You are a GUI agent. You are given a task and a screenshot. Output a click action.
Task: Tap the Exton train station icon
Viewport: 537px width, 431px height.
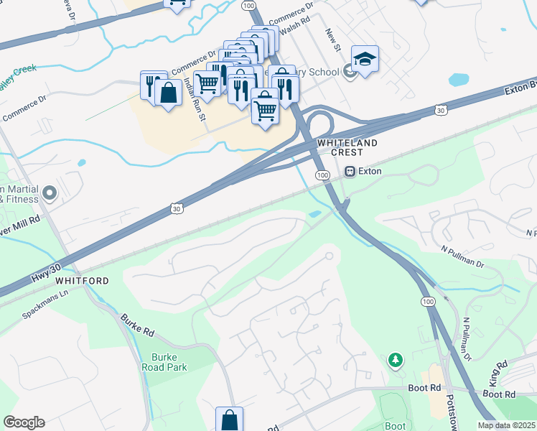coord(350,172)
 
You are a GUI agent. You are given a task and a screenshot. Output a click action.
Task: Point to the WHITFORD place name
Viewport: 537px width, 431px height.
coord(82,281)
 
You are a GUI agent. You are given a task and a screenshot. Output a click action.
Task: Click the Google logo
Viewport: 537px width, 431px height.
coord(24,422)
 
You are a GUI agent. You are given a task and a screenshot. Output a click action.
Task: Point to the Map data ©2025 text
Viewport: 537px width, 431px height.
coord(506,425)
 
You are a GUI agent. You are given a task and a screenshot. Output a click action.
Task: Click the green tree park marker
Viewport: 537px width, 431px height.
coord(394,359)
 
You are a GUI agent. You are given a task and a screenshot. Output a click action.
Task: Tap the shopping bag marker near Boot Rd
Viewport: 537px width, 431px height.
coord(229,420)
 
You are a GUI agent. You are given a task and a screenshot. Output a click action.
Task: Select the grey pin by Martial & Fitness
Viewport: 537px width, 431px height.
coord(50,193)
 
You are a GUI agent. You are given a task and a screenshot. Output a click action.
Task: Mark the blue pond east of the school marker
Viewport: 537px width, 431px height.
coord(458,79)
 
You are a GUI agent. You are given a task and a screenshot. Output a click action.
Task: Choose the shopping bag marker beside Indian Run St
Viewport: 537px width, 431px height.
coord(168,93)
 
